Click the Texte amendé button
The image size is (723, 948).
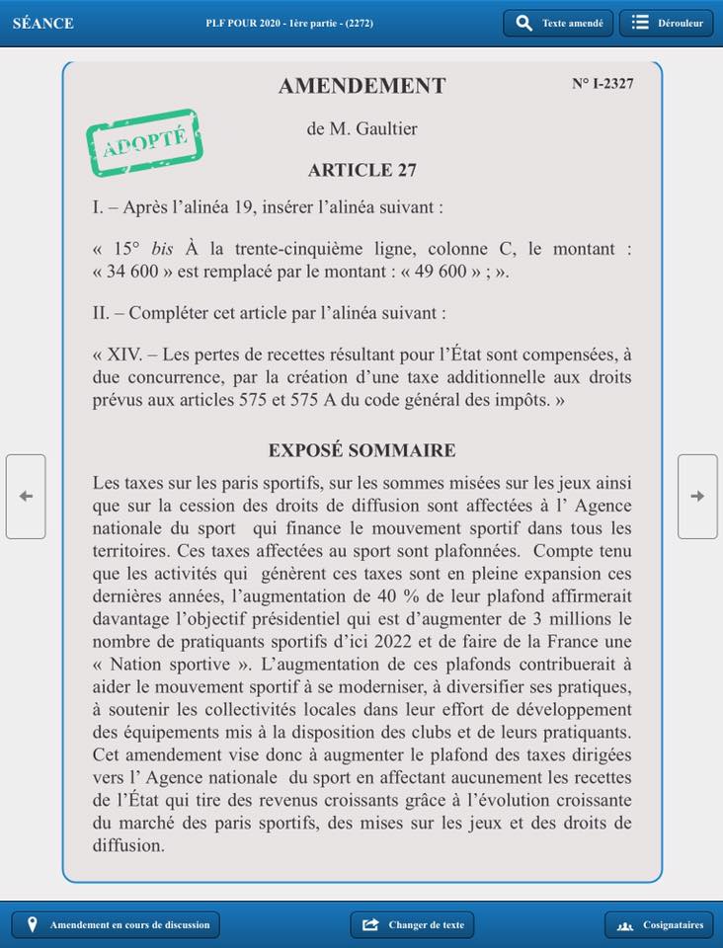tap(558, 23)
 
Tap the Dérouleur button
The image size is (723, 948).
tap(666, 23)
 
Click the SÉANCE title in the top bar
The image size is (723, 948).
tap(42, 23)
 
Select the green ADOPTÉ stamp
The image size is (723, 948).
tap(144, 143)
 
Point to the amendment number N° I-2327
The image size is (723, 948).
tap(602, 84)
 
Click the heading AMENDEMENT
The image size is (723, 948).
tap(361, 86)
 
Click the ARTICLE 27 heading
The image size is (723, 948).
tap(361, 170)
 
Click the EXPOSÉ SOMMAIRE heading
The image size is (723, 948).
tap(361, 450)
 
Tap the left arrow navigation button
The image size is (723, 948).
tap(26, 496)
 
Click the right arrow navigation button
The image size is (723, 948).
tap(697, 496)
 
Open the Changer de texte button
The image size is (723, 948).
tap(412, 924)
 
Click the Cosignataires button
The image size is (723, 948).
tap(659, 924)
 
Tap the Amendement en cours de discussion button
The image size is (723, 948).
tap(116, 924)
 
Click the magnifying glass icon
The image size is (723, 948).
tap(524, 23)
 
